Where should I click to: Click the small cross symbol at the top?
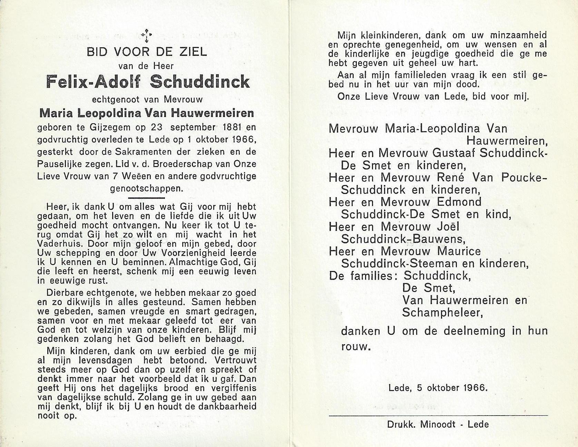pyautogui.click(x=147, y=35)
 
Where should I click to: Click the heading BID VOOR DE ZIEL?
pyautogui.click(x=147, y=52)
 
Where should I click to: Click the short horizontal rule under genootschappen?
pyautogui.click(x=147, y=198)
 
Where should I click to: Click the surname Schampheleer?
pyautogui.click(x=442, y=312)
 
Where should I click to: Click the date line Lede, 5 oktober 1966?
pyautogui.click(x=438, y=387)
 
